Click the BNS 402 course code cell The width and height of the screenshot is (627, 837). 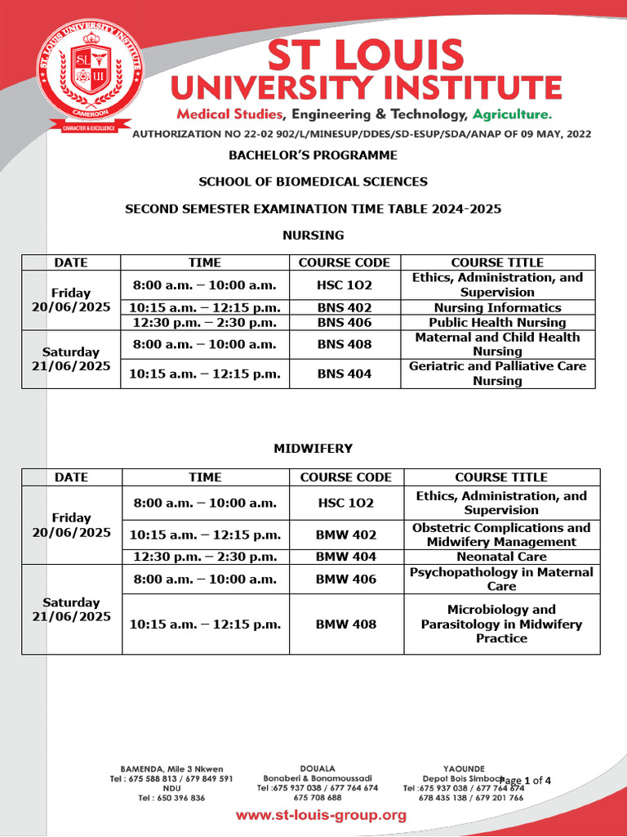click(344, 308)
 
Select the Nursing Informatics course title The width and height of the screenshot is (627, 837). click(497, 308)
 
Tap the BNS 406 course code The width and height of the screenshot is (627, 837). click(344, 323)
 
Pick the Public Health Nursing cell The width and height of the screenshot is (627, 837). click(497, 323)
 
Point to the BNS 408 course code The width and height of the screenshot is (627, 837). click(344, 344)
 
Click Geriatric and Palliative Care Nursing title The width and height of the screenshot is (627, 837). click(497, 374)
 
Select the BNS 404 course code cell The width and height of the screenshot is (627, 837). click(344, 374)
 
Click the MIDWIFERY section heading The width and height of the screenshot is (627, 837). click(313, 449)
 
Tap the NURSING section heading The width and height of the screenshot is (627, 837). click(313, 235)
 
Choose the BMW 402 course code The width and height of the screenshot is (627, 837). click(345, 535)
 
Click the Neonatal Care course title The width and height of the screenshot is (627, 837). click(501, 557)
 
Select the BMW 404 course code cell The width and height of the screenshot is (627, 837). click(345, 557)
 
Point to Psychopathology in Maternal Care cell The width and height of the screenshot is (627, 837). click(501, 579)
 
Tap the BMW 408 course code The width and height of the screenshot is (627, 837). click(345, 624)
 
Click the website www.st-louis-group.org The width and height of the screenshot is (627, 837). click(321, 815)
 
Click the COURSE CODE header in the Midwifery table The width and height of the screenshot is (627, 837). click(345, 477)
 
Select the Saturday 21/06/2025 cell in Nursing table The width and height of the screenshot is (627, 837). click(71, 359)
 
